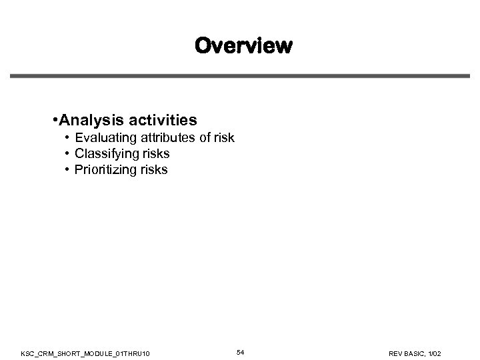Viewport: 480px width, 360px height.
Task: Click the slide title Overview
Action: coord(243,46)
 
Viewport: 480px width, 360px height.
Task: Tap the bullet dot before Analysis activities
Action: coord(54,120)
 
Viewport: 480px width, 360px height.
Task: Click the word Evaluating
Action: coord(105,138)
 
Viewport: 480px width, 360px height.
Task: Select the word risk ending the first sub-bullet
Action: coord(225,138)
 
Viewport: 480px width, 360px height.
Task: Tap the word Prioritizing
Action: coord(105,170)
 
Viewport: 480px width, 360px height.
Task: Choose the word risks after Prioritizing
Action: coord(154,170)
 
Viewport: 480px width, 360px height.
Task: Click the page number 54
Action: coord(240,351)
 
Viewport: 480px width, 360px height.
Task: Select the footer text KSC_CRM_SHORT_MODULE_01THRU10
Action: coord(90,352)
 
